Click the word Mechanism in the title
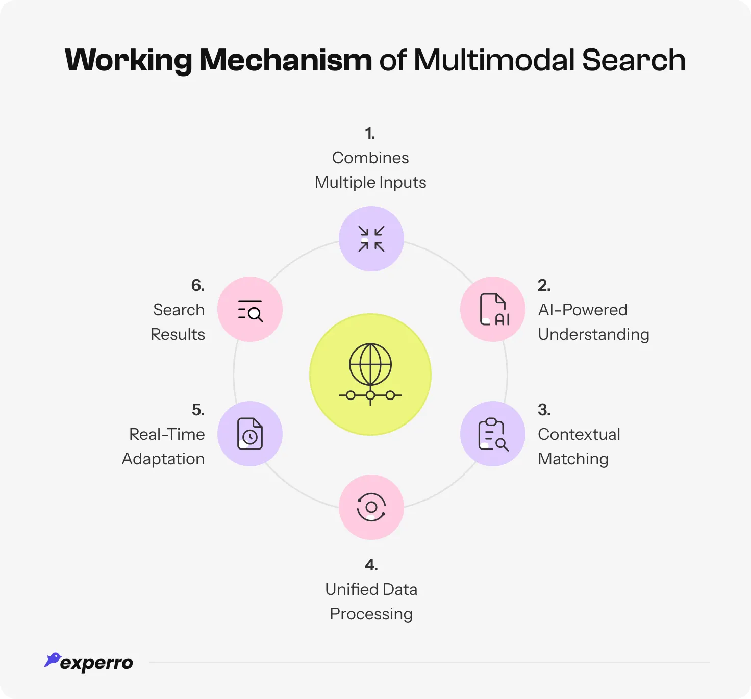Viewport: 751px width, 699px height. coord(285,60)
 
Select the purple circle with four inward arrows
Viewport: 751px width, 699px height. coord(371,239)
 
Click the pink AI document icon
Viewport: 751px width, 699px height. coord(493,309)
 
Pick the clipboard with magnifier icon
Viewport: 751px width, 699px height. coord(493,434)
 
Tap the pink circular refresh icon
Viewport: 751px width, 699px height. coord(371,507)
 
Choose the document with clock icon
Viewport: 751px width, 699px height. coord(250,434)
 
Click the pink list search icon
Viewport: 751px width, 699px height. coord(250,310)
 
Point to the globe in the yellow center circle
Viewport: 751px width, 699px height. coord(370,365)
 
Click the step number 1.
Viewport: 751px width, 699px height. coord(370,134)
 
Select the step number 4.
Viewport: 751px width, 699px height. coord(371,565)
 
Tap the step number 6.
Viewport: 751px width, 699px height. coord(198,285)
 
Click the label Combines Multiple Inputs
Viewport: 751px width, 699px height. coord(370,170)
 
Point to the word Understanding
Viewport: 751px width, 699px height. coord(593,335)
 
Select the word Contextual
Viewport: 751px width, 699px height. coord(579,434)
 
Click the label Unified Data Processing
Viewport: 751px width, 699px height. coord(371,602)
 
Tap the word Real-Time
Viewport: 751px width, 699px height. coord(167,434)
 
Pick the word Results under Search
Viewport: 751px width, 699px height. coord(178,334)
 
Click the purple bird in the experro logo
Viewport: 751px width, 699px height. coord(52,659)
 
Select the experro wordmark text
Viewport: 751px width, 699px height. coord(96,663)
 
